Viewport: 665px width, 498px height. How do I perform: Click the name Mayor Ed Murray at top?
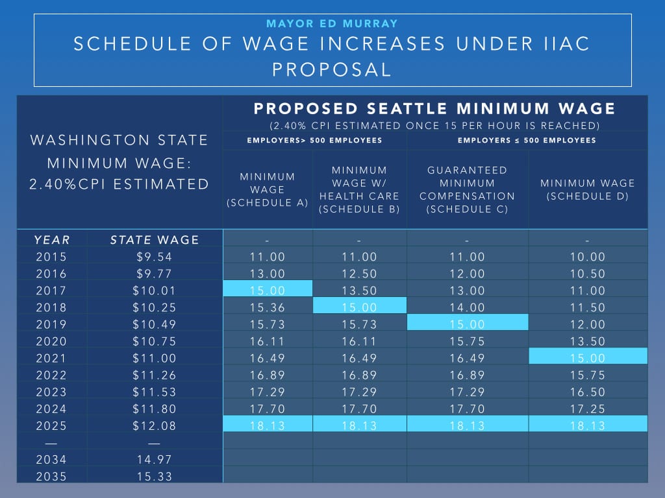332,24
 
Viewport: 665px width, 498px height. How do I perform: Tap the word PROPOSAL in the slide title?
332,69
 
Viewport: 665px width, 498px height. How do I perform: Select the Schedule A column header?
268,189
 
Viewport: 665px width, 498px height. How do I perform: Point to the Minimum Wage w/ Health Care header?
359,189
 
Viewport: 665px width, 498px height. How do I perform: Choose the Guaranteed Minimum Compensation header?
467,189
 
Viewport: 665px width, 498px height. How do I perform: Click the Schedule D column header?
588,189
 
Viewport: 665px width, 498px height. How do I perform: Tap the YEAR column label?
52,240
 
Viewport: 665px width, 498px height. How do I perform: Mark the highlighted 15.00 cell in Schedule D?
588,358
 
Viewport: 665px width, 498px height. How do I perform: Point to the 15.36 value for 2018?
268,307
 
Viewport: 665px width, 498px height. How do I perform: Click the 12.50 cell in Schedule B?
359,274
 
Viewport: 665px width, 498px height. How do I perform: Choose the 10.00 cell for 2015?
588,257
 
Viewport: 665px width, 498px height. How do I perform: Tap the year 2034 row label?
52,459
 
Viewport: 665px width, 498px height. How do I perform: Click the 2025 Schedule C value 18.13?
467,425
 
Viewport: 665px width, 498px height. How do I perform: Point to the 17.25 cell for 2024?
588,409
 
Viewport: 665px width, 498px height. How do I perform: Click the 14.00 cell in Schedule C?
467,307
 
